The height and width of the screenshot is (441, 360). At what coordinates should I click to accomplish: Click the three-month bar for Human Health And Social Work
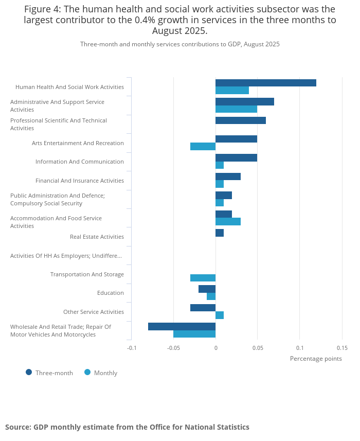pos(265,83)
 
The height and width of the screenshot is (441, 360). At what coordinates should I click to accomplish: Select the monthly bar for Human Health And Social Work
pos(232,91)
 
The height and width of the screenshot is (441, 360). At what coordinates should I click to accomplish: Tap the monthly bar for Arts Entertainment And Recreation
pos(203,147)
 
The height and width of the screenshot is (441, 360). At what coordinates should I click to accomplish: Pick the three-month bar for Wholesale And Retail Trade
pos(182,326)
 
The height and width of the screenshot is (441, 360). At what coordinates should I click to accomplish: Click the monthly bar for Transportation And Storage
pos(203,278)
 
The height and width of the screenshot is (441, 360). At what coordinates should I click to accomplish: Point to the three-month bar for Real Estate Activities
pos(220,233)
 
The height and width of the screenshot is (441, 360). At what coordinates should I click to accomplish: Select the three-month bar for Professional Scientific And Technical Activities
pos(240,120)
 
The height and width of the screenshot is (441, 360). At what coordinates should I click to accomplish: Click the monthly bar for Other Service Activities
pos(220,315)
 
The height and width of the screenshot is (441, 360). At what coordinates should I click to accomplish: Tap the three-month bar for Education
pos(207,289)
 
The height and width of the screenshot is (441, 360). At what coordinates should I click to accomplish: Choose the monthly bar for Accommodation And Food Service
pos(228,222)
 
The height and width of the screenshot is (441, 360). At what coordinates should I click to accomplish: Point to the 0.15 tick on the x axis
pos(342,348)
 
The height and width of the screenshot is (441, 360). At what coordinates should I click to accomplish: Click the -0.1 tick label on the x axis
pos(132,348)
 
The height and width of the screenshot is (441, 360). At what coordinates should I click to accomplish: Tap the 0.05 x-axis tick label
pos(258,348)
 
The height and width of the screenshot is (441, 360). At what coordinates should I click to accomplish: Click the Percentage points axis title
pos(316,359)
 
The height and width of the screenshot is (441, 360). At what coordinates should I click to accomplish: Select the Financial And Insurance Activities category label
pos(79,181)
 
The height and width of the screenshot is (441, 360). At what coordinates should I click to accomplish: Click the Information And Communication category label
pos(79,162)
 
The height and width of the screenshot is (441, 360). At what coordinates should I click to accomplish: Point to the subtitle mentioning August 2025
pos(180,44)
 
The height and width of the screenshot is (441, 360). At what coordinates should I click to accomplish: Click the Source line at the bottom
pos(127,427)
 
